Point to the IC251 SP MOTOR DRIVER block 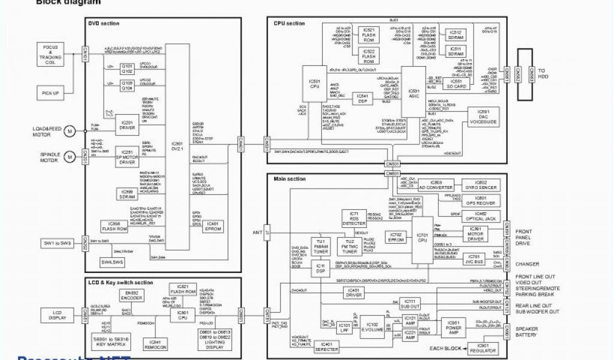pos(127,158)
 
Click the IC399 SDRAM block pos(127,194)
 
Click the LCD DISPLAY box pos(57,314)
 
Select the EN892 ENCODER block pos(133,296)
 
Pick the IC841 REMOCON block pos(155,344)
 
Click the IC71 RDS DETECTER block pos(354,219)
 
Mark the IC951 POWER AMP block pos(454,328)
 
